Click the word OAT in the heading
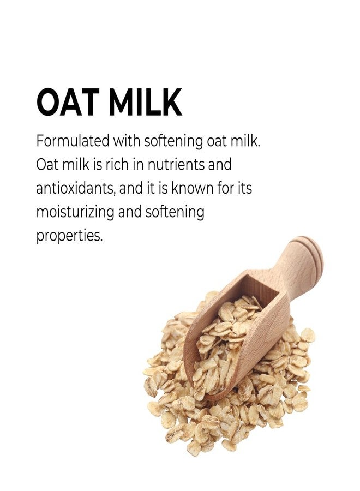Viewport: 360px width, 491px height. pyautogui.click(x=68, y=103)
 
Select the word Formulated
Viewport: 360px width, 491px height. pyautogui.click(x=73, y=141)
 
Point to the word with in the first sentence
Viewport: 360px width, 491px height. pyautogui.click(x=127, y=141)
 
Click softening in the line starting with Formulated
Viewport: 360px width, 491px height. pyautogui.click(x=173, y=141)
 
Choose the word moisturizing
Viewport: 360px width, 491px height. pyautogui.click(x=75, y=213)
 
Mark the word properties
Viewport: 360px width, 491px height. pyautogui.click(x=69, y=236)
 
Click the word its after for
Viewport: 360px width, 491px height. pyautogui.click(x=244, y=188)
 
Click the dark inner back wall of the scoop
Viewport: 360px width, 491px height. pyautogui.click(x=259, y=289)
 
